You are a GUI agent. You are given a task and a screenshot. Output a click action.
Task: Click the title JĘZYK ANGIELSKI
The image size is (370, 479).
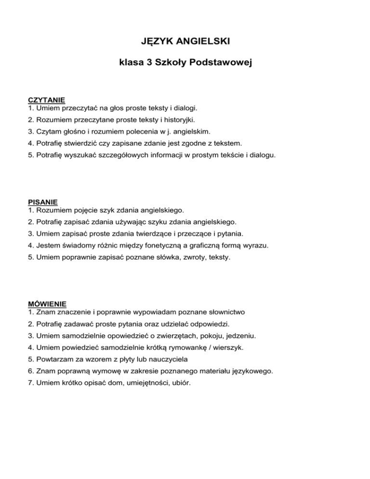pos(185,43)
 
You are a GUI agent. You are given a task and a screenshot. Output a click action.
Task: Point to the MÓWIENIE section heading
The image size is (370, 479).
pos(47,304)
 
